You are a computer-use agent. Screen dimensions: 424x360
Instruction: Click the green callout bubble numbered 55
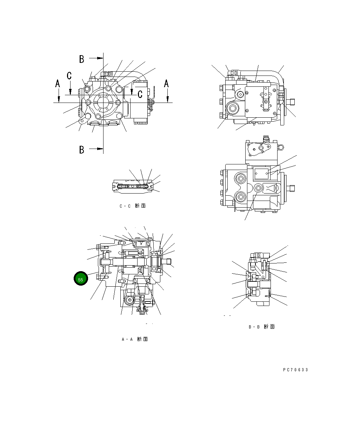tap(80, 279)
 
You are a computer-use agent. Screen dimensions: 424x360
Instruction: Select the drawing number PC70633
tap(295, 370)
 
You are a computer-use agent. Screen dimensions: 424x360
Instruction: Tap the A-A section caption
tap(134, 339)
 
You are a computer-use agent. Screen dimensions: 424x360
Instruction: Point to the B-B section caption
tap(261, 327)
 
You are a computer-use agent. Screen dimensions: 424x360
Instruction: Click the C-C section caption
tap(132, 206)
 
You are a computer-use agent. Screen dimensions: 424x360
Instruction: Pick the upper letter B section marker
tap(81, 59)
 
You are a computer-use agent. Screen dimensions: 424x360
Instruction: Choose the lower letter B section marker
tap(81, 150)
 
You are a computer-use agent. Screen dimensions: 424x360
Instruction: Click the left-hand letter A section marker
tap(58, 84)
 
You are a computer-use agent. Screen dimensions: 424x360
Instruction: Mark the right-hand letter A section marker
tap(167, 84)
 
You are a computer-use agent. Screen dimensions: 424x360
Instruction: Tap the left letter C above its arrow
tap(69, 75)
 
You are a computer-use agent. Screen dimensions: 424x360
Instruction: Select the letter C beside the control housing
tap(140, 94)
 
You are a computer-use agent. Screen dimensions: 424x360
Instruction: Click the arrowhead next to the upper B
tap(100, 58)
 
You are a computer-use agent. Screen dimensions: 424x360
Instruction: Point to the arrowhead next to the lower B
tap(100, 149)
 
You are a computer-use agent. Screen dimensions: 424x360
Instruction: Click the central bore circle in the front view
tap(103, 103)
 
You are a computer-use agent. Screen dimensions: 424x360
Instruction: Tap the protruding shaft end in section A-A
tap(168, 261)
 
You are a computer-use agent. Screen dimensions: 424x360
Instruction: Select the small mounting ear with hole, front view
tap(82, 121)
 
